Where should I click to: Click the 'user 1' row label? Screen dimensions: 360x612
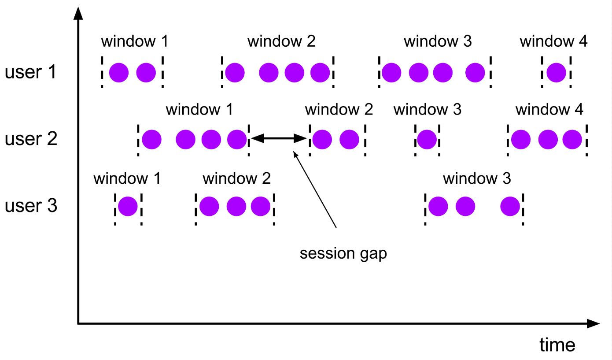[31, 72]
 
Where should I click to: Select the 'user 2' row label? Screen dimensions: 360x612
[31, 139]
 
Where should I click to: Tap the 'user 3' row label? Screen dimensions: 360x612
[31, 206]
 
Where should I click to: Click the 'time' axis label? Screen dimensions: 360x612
[557, 345]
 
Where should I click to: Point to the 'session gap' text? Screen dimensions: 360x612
[343, 254]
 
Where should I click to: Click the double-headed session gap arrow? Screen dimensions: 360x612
[278, 139]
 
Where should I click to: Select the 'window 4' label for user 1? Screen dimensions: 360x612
[553, 42]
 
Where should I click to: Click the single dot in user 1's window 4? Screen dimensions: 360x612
[556, 72]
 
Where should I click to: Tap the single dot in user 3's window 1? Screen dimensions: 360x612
[128, 206]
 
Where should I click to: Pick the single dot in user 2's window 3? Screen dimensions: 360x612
[427, 139]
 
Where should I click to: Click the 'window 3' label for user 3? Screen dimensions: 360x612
[477, 179]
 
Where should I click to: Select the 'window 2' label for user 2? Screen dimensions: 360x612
[339, 109]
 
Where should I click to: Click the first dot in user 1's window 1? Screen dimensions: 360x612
[119, 72]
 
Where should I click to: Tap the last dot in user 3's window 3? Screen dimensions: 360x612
[510, 206]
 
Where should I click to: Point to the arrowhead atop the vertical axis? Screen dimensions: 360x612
[78, 13]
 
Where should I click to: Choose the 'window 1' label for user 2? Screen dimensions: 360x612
[199, 109]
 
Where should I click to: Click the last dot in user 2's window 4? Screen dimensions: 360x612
[572, 139]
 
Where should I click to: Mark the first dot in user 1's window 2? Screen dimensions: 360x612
[235, 72]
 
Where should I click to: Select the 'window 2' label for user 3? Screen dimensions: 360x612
[236, 179]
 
